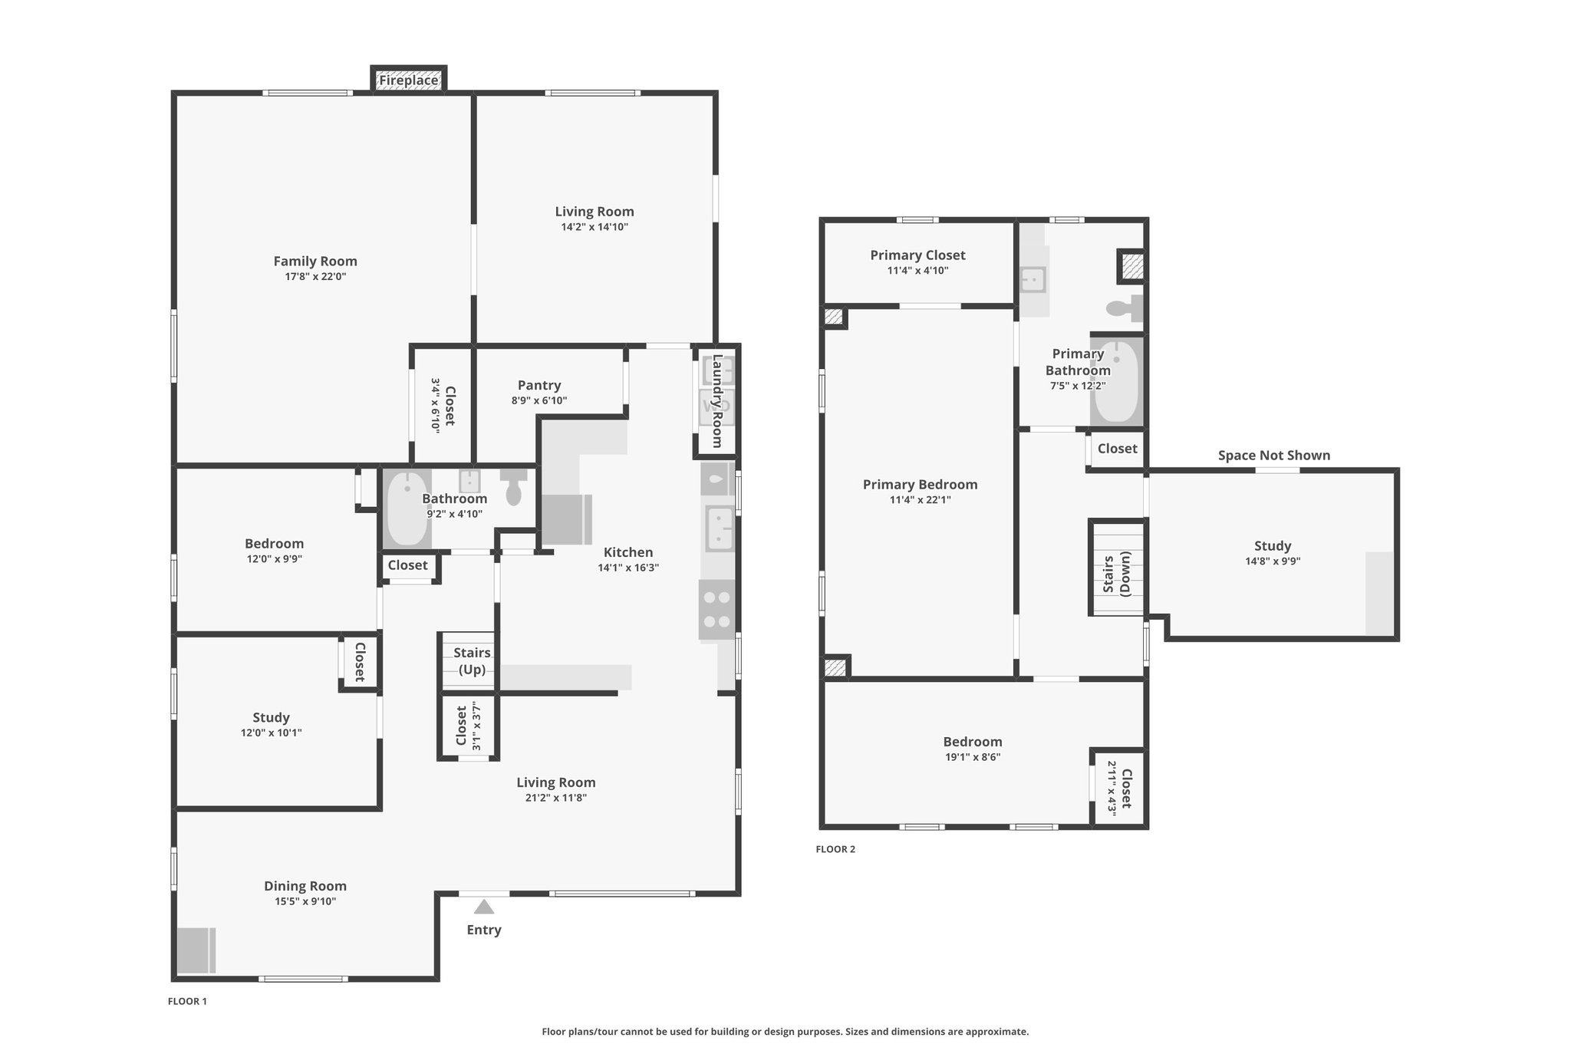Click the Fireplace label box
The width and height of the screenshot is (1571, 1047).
pyautogui.click(x=408, y=80)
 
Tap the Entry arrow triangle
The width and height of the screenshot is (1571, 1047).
pyautogui.click(x=483, y=907)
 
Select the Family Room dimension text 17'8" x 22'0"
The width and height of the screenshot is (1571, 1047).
pyautogui.click(x=315, y=276)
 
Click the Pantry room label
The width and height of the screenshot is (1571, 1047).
pyautogui.click(x=539, y=385)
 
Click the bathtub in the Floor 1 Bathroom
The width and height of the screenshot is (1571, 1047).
pyautogui.click(x=407, y=508)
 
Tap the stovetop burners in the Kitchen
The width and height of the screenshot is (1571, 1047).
pyautogui.click(x=716, y=610)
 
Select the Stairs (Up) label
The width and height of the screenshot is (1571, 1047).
pyautogui.click(x=472, y=660)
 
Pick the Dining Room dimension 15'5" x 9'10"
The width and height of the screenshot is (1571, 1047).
pyautogui.click(x=305, y=901)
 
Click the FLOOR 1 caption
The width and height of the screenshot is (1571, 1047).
pyautogui.click(x=188, y=1001)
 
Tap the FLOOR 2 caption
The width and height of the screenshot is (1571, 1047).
pyautogui.click(x=835, y=849)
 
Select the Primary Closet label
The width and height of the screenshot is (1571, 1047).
pyautogui.click(x=917, y=255)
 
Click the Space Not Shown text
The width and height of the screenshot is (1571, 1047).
pyautogui.click(x=1274, y=455)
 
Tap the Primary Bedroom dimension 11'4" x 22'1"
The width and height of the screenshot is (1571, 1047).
pyautogui.click(x=921, y=499)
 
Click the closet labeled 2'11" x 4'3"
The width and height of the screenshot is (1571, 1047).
pyautogui.click(x=1119, y=788)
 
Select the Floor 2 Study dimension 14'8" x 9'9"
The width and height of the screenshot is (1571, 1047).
pyautogui.click(x=1273, y=561)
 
